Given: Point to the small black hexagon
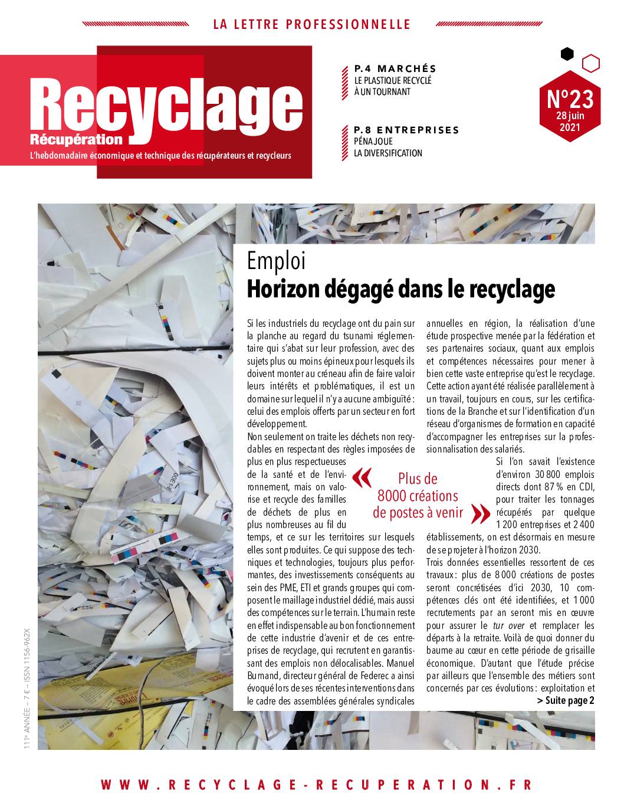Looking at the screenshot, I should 567,54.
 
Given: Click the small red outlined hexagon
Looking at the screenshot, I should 590,63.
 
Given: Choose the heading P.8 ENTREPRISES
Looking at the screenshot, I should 406,130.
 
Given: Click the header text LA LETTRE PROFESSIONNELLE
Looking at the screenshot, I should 311,24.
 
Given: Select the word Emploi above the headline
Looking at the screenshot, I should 277,261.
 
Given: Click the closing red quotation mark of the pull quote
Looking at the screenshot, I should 481,514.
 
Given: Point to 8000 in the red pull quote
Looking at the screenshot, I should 392,496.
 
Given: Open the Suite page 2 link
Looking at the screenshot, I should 566,700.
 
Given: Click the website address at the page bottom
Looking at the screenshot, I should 317,785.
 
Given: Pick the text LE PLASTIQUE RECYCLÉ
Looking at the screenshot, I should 393,80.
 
